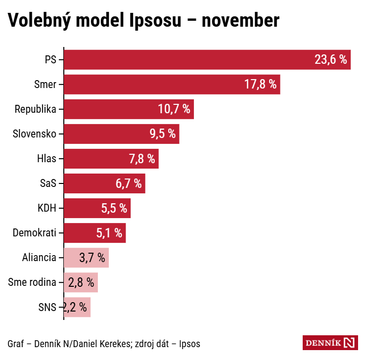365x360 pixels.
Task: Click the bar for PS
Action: pyautogui.click(x=188, y=60)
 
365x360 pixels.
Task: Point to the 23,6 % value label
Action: pyautogui.click(x=330, y=60)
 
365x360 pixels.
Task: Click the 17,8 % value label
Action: pyautogui.click(x=260, y=85)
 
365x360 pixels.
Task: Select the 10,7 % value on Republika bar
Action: pyautogui.click(x=174, y=109)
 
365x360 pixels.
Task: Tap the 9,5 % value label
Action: pyautogui.click(x=162, y=134)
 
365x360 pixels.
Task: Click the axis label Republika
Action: pyautogui.click(x=35, y=109)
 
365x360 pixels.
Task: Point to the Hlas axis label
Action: pyautogui.click(x=46, y=159)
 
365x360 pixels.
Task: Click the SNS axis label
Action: pyautogui.click(x=47, y=307)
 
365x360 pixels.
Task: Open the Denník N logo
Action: pyautogui.click(x=329, y=343)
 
